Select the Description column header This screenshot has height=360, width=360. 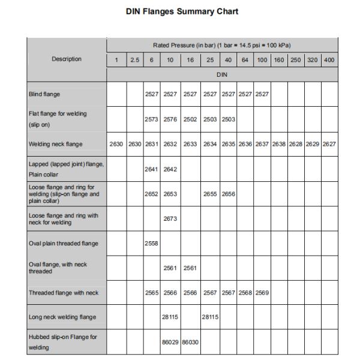(67, 59)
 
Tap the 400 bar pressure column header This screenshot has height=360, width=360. (329, 60)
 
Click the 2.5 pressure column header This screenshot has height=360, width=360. (135, 60)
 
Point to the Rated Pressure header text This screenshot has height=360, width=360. (221, 45)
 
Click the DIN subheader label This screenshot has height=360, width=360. (222, 75)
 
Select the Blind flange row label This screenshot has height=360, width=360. (44, 94)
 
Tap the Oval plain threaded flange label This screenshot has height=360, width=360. (63, 244)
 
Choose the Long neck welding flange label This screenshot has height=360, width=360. (62, 317)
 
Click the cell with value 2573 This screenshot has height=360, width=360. (152, 119)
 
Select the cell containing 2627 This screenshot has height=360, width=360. (329, 144)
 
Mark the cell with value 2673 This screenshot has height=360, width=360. (171, 219)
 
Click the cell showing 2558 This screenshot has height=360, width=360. (152, 244)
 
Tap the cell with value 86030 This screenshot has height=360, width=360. (190, 342)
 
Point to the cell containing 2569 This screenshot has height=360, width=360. (262, 293)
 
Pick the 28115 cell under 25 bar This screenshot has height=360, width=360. (210, 317)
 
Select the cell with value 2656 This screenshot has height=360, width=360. (228, 194)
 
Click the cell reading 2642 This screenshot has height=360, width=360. (171, 169)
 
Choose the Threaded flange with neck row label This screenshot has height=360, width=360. (63, 293)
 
